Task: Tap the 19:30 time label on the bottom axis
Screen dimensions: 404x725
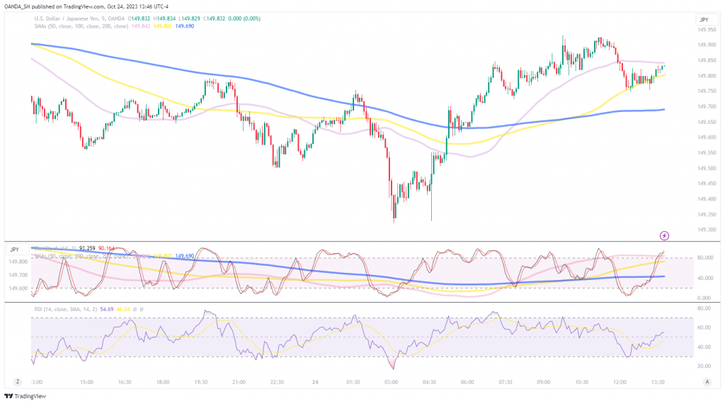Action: (200, 381)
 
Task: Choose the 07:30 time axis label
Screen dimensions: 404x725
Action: (506, 381)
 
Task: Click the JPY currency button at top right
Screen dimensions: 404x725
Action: (704, 20)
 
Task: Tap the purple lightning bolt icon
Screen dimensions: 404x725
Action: (664, 235)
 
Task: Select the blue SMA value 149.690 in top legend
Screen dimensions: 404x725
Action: (184, 26)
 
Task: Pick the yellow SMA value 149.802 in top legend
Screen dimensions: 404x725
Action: (163, 26)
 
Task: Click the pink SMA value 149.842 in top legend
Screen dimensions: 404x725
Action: (142, 26)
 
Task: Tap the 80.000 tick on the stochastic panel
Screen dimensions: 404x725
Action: (703, 258)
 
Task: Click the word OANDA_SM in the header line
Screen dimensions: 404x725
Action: (19, 7)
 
